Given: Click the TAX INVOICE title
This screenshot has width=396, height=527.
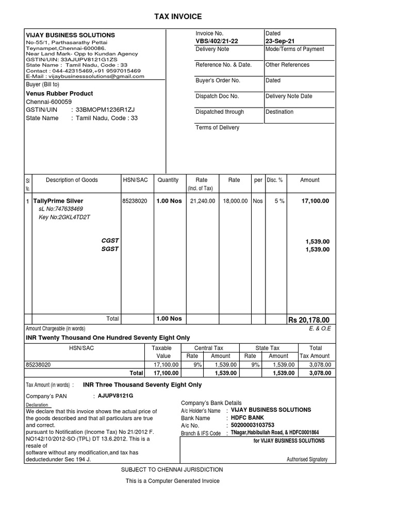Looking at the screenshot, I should click(178, 17).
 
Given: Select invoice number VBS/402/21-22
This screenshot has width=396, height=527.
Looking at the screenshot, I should click(217, 41).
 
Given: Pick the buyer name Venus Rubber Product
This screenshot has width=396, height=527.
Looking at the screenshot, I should click(59, 94).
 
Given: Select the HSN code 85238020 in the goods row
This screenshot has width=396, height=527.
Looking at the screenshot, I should click(135, 201).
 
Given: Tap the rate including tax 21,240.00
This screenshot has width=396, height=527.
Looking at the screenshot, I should click(202, 201).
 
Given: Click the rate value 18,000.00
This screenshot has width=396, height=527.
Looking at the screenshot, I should click(235, 201).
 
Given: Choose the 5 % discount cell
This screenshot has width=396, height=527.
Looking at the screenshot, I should click(279, 201).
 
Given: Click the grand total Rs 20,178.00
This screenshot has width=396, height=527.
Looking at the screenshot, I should click(308, 320).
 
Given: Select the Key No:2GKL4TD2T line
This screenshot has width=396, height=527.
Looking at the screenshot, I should click(64, 217).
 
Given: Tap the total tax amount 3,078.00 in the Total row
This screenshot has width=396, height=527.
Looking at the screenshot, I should click(320, 373).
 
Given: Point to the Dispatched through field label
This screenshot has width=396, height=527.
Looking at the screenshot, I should click(220, 112).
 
